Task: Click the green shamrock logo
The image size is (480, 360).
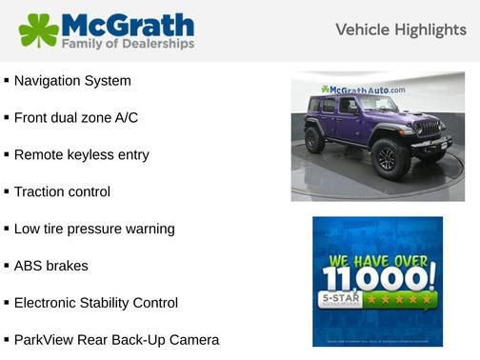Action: (38, 30)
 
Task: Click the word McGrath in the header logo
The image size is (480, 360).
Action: (128, 24)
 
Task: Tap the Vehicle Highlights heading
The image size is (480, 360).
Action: (401, 30)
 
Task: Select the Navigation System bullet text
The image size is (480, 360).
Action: (72, 81)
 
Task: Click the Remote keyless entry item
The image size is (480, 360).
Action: (81, 154)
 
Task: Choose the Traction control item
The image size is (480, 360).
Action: (62, 191)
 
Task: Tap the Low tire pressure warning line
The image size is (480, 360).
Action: (94, 229)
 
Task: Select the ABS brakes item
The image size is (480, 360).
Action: (50, 266)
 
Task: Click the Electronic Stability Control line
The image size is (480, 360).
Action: (95, 303)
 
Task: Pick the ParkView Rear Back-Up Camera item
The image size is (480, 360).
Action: (116, 339)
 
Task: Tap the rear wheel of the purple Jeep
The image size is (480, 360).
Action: (315, 140)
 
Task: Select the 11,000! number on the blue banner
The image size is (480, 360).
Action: (378, 278)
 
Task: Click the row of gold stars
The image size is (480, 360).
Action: (407, 300)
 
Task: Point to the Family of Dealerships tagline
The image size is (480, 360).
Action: (129, 44)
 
